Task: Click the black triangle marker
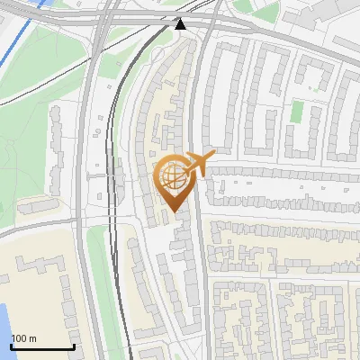pyautogui.click(x=181, y=23)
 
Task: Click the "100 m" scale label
pyautogui.click(x=24, y=338)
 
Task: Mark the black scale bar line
pyautogui.click(x=42, y=346)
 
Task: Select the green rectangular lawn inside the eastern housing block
pyautogui.click(x=297, y=112)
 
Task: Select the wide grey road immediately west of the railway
pyautogui.click(x=99, y=135)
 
